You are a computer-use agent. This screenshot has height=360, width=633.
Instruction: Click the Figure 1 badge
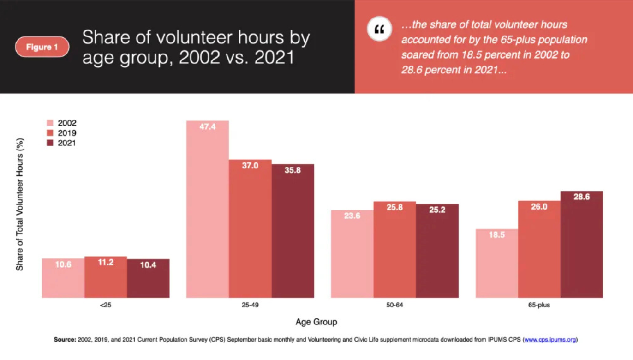42,47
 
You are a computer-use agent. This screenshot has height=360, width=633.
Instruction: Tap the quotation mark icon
379,30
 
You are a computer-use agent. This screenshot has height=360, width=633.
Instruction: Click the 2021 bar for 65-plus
582,245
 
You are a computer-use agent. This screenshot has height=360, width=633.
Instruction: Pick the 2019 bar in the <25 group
106,277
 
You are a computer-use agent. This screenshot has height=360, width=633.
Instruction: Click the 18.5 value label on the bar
496,235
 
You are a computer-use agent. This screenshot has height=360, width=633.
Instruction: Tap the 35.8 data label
293,170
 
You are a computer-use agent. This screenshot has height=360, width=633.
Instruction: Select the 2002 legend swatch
50,123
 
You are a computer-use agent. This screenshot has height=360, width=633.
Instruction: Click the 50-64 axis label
395,306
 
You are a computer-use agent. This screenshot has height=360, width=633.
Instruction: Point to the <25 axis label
105,306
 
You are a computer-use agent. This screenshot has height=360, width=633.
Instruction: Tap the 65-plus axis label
539,306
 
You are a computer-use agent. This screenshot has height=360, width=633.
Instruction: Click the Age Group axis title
316,322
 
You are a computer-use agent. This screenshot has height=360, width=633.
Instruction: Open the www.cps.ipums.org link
550,340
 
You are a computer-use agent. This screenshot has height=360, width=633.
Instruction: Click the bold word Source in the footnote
64,340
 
